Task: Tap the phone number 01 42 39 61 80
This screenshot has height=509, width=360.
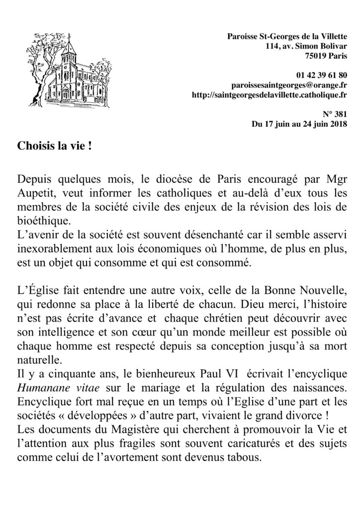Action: [321, 75]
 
